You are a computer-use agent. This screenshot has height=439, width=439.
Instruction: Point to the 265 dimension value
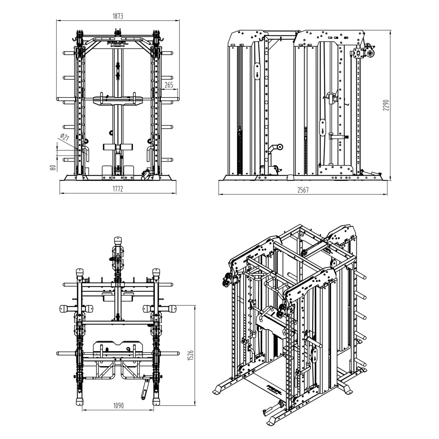click(x=169, y=85)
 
